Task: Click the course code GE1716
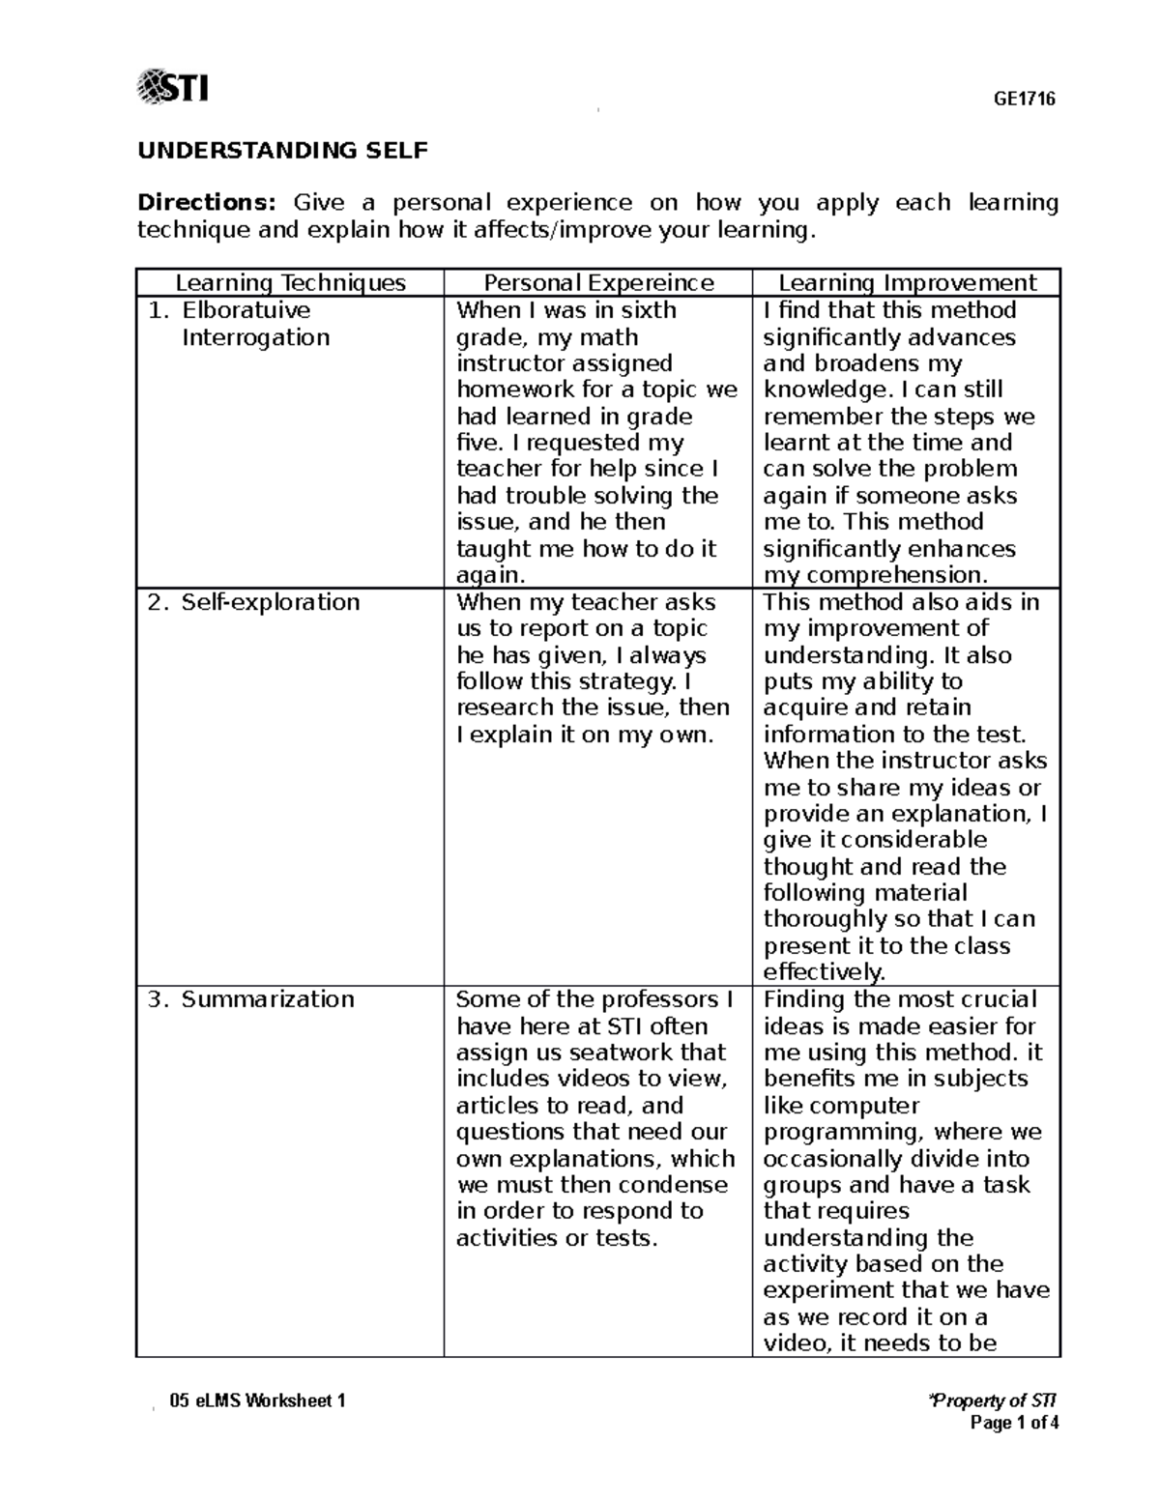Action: [x=1026, y=99]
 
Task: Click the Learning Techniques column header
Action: [x=290, y=283]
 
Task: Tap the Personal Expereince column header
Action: [x=598, y=283]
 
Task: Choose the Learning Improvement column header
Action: [x=907, y=283]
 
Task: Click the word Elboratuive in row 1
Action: [x=246, y=310]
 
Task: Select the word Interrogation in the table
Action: [x=256, y=337]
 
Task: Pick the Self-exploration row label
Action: [x=271, y=602]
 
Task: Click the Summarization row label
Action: [x=268, y=999]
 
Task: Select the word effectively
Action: [x=824, y=972]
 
